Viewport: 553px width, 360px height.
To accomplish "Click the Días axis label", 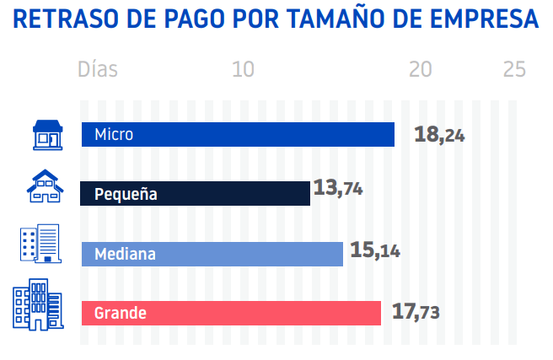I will pos(98,69).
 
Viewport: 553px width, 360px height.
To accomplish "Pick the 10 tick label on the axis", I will pos(244,69).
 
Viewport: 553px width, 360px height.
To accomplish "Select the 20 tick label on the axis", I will pos(421,69).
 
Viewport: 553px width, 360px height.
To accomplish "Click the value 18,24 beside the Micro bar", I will pos(439,134).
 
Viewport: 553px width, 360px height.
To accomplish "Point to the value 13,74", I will pos(337,188).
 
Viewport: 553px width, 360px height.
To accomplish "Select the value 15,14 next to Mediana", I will pos(374,250).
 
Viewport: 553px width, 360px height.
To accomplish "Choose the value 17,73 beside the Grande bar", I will pos(416,312).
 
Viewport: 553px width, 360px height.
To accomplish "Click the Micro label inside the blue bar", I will pos(114,134).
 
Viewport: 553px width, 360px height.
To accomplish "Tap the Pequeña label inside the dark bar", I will pos(126,194).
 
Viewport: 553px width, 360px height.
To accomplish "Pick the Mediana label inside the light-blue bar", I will pos(125,254).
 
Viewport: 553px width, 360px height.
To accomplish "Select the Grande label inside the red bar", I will pos(121,313).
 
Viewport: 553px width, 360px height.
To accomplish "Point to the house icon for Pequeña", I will pos(45,186).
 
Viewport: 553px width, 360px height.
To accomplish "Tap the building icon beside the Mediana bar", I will pos(40,244).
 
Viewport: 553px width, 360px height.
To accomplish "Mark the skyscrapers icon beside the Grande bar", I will pos(37,304).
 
